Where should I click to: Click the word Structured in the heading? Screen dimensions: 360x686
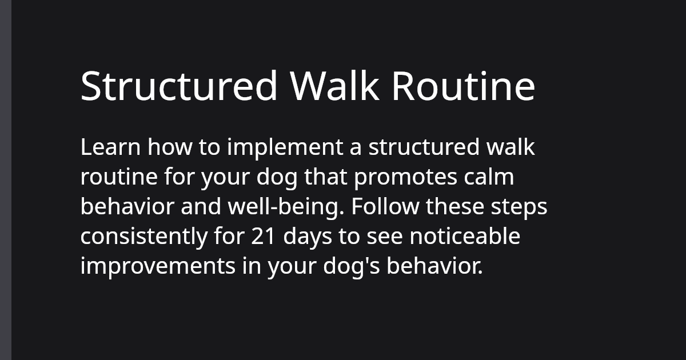click(x=179, y=86)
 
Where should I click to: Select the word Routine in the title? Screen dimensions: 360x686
click(x=463, y=86)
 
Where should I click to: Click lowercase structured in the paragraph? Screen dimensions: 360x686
click(x=424, y=147)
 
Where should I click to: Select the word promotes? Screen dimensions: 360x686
click(x=406, y=178)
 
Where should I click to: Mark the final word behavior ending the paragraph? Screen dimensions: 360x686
click(x=434, y=266)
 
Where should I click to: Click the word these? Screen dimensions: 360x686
click(x=456, y=207)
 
